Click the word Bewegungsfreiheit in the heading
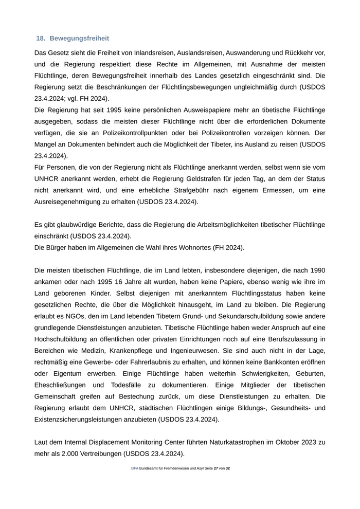(x=79, y=39)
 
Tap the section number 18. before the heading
(x=41, y=39)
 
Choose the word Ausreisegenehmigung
(x=71, y=202)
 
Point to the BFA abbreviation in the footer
(x=135, y=469)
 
